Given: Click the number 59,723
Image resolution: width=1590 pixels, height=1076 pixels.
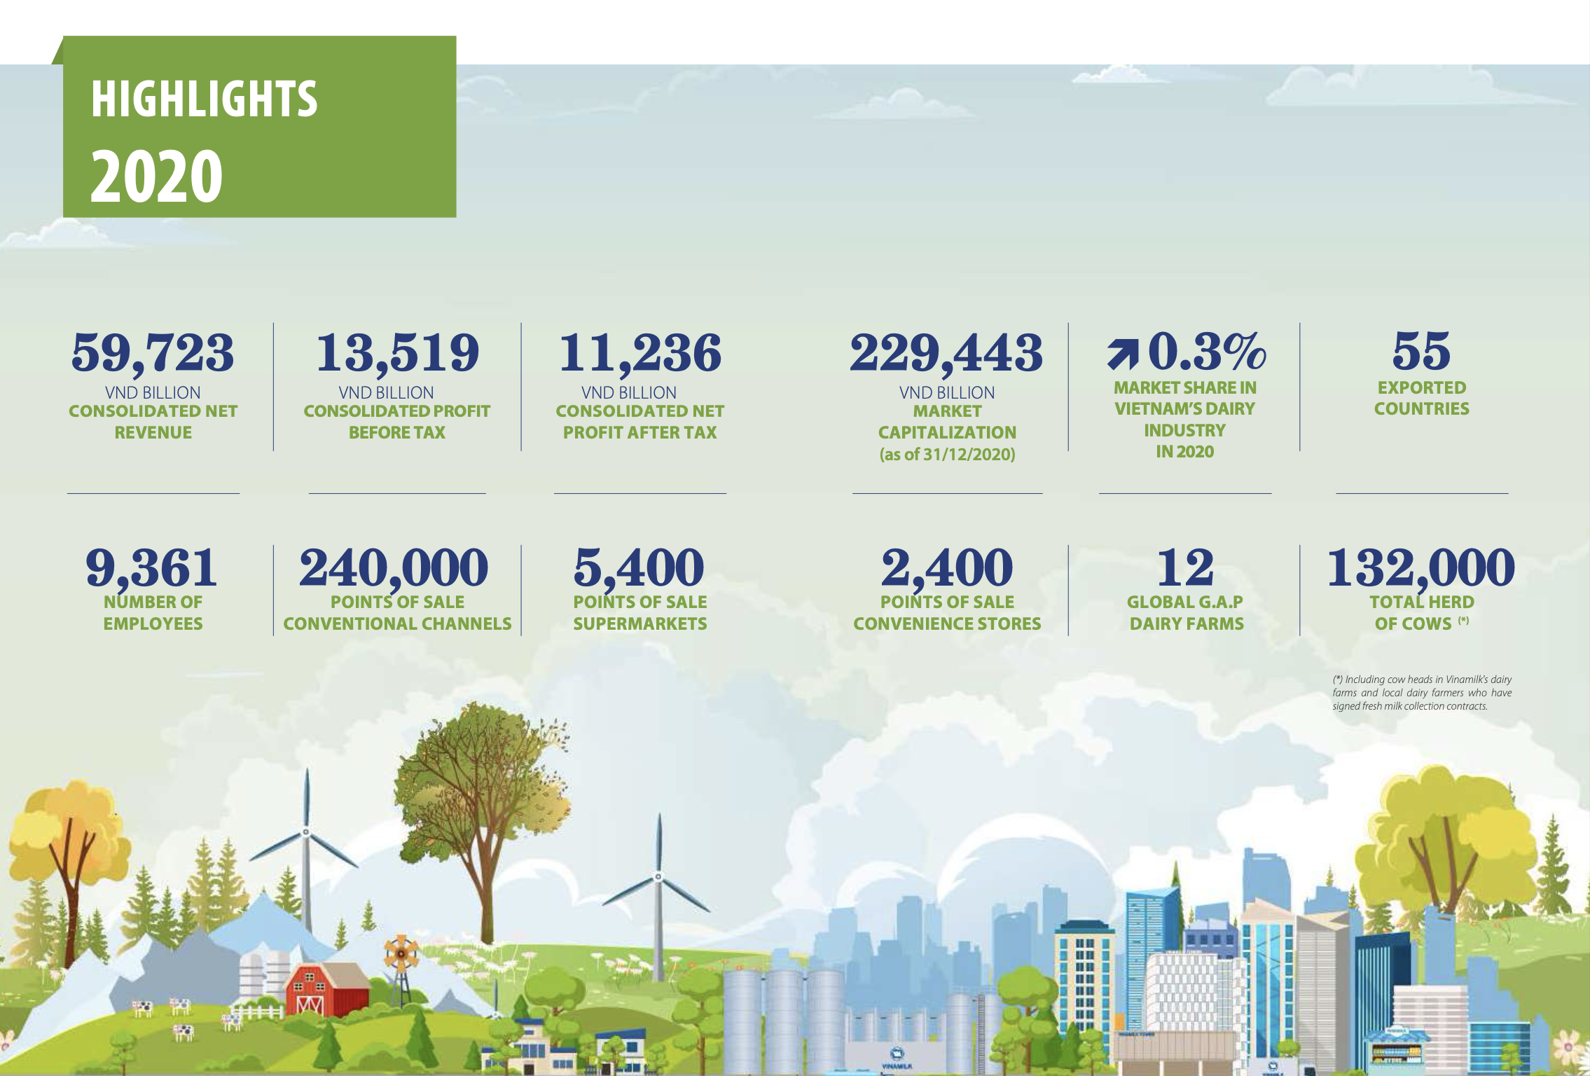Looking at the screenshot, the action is pos(153,352).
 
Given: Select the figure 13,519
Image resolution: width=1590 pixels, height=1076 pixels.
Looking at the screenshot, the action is pos(397,352).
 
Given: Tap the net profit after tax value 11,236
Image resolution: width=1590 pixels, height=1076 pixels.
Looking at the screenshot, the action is pos(640,352).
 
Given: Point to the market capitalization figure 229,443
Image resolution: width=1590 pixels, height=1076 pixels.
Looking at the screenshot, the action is pos(946,352).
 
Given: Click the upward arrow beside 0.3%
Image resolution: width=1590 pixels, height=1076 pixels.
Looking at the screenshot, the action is pos(1123,352).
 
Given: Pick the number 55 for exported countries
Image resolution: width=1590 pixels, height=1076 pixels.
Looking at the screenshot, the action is pos(1421,350).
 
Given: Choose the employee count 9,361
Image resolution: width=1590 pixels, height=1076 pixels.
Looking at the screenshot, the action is pos(151,568).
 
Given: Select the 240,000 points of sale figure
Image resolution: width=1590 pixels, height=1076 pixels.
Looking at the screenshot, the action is pos(394,568).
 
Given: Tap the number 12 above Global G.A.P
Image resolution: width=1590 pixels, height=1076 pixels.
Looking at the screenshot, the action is pos(1185,567).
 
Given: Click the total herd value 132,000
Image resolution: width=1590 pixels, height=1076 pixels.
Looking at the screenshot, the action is pos(1421,568).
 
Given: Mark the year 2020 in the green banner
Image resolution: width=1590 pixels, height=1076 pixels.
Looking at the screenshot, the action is pos(156,176).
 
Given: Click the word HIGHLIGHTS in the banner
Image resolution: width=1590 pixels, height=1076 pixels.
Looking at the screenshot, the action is pos(204,99).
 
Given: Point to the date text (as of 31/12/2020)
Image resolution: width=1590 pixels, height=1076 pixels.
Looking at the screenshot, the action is pos(947,455).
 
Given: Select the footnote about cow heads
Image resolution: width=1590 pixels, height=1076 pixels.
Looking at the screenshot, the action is pos(1422,693).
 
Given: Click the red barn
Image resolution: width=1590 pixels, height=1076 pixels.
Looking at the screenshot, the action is pos(328,990).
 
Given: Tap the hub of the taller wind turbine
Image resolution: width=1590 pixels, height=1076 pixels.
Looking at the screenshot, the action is pos(306,832).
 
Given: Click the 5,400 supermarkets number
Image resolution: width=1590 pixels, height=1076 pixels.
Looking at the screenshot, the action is pos(639,568).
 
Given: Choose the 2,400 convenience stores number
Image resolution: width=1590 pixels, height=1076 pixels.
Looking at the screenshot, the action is pos(947,568).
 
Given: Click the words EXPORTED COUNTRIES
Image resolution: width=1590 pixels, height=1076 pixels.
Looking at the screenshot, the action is pos(1421,398).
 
